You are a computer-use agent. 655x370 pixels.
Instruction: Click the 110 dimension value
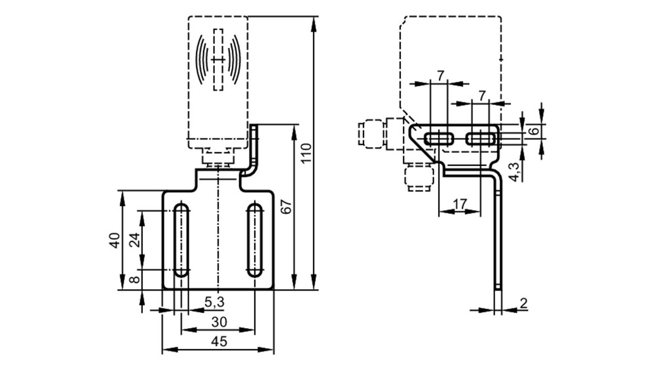(x=307, y=154)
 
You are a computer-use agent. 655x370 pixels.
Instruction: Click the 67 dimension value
(x=287, y=207)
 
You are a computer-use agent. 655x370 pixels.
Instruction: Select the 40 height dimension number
(x=115, y=240)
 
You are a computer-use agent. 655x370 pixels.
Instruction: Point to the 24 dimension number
(x=134, y=240)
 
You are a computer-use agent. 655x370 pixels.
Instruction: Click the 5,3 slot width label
(x=214, y=301)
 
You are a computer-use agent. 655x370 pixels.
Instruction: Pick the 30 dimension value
(x=219, y=322)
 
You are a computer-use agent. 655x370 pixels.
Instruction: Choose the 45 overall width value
(x=219, y=342)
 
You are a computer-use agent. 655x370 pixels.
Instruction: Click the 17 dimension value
(x=460, y=204)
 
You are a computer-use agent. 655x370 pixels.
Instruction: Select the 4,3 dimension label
(x=515, y=172)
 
